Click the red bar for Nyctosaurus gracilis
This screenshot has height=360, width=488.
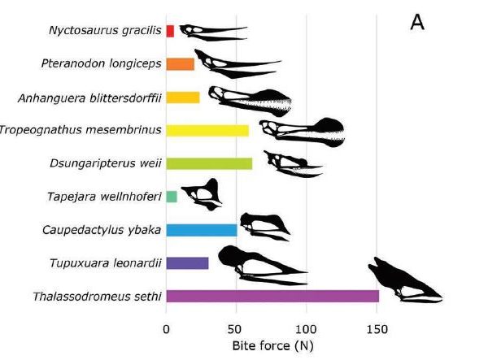pos(170,31)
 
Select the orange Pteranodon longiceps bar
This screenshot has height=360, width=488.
pos(180,64)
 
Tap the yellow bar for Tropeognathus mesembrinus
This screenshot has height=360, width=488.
pos(207,130)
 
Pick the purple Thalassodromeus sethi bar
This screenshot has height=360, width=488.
pos(272,296)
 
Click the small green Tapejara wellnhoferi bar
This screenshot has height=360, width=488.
pos(172,197)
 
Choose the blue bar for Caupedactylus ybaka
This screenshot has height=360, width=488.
pos(202,230)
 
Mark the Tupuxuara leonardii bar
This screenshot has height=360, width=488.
pos(187,262)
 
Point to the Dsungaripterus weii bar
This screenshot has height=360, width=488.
pos(209,163)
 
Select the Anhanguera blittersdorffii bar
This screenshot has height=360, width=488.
pos(183,98)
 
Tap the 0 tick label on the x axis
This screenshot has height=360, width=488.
pos(166,330)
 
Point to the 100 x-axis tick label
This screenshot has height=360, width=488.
pos(306,330)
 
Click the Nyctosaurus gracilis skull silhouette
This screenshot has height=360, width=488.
pos(211,33)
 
